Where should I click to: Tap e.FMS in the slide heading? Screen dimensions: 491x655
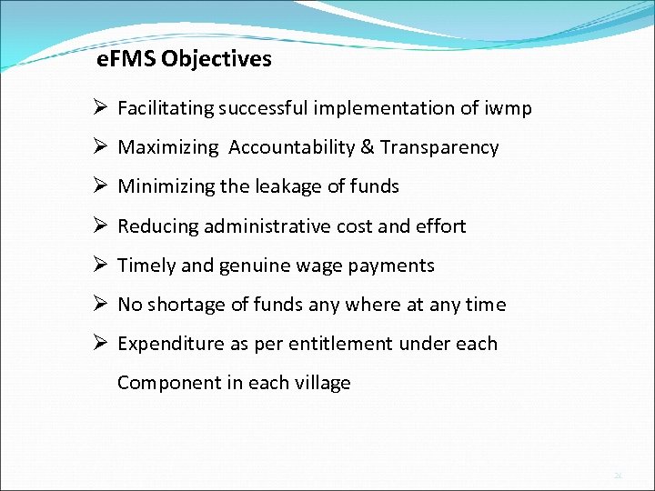click(x=126, y=60)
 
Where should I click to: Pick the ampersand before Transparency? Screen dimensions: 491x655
click(x=367, y=147)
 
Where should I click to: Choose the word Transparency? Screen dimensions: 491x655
click(x=439, y=147)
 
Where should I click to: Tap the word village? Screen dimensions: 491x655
click(x=322, y=383)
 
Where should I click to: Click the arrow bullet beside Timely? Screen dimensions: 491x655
click(x=102, y=265)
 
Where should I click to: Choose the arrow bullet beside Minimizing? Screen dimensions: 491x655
click(x=102, y=185)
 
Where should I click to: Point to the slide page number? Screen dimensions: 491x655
click(x=618, y=475)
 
